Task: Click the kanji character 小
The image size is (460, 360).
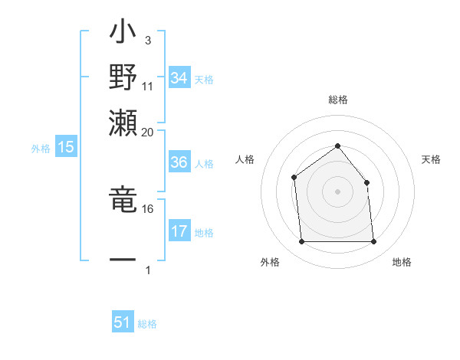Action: tap(123, 34)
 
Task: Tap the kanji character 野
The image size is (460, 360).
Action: tap(123, 77)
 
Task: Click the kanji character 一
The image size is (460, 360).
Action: tap(123, 260)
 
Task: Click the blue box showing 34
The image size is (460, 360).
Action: tap(179, 78)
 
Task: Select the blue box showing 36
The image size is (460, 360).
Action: tap(179, 162)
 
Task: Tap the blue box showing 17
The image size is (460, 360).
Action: tap(179, 231)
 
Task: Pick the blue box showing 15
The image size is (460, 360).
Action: tap(65, 148)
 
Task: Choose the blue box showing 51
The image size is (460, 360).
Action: tap(123, 322)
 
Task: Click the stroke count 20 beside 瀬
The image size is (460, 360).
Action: tap(148, 132)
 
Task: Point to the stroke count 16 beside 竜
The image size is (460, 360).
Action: tap(148, 208)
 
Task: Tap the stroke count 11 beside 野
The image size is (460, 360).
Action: tap(148, 86)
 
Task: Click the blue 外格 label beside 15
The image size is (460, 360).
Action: tap(40, 149)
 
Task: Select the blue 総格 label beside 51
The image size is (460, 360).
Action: tap(147, 324)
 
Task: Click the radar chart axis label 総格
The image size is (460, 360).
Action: tap(337, 100)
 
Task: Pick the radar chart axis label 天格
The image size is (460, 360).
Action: tap(432, 159)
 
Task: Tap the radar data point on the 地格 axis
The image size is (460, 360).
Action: tap(374, 242)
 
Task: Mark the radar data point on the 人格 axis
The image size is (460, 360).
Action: tap(294, 178)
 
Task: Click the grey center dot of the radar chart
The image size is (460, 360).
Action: tap(337, 191)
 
